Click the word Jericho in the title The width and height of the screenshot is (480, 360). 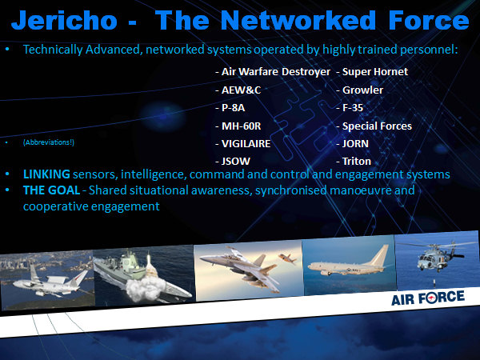pyautogui.click(x=64, y=20)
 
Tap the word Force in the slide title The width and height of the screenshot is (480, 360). pyautogui.click(x=429, y=20)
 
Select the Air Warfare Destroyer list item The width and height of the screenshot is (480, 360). pyautogui.click(x=273, y=72)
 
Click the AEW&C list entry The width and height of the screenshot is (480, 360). pyautogui.click(x=238, y=90)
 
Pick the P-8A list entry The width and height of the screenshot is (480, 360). pyautogui.click(x=230, y=108)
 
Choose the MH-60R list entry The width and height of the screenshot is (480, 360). pyautogui.click(x=238, y=126)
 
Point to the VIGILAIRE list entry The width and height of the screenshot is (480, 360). pyautogui.click(x=243, y=143)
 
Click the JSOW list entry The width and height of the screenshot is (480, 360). pyautogui.click(x=233, y=162)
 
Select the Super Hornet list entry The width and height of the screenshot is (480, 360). pyautogui.click(x=372, y=72)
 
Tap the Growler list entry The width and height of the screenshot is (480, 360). pyautogui.click(x=360, y=90)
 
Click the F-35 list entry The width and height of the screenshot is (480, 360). pyautogui.click(x=350, y=108)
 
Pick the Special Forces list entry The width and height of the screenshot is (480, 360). pyautogui.click(x=374, y=126)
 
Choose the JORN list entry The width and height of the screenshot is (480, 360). pyautogui.click(x=352, y=143)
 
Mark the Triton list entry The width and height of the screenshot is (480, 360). pyautogui.click(x=354, y=162)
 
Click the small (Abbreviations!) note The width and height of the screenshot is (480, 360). pyautogui.click(x=49, y=142)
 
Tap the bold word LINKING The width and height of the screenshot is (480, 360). pyautogui.click(x=46, y=174)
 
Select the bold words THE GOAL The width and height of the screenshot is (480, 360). pyautogui.click(x=51, y=190)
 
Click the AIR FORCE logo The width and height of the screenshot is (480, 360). pyautogui.click(x=428, y=298)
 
